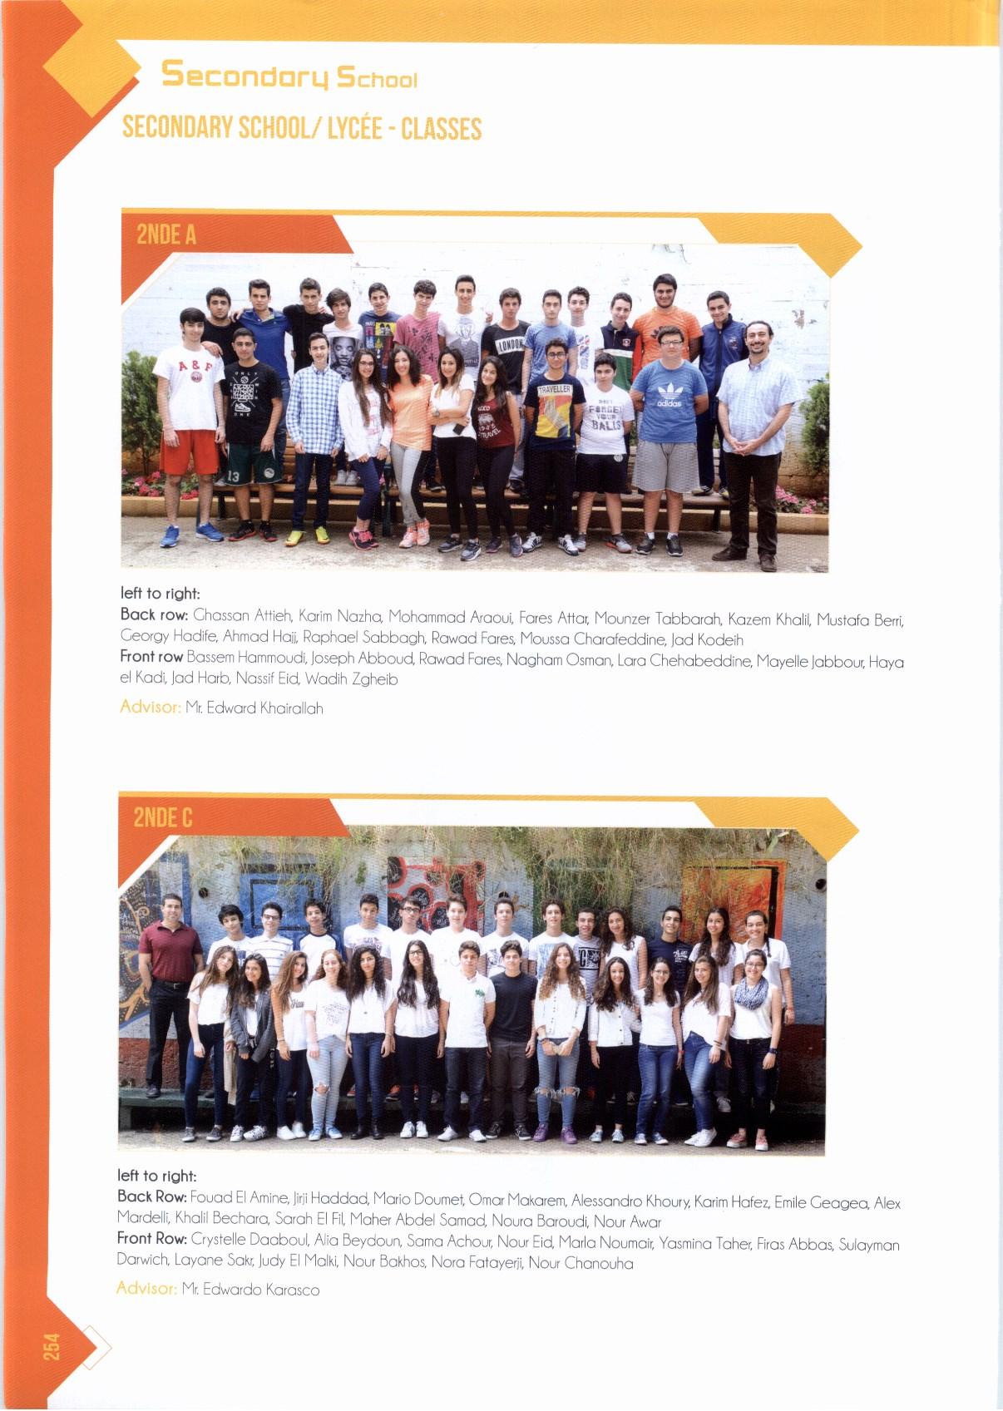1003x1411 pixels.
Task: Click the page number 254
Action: coord(52,1346)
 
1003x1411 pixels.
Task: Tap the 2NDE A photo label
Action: coord(166,234)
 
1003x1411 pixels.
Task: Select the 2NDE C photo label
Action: coord(163,818)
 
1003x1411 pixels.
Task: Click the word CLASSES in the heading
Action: coord(441,129)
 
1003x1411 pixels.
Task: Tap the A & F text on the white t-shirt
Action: coord(195,366)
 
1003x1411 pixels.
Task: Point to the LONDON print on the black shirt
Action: coord(510,343)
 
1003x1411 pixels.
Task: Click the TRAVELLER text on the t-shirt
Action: coord(554,389)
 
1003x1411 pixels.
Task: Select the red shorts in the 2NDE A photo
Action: coord(190,451)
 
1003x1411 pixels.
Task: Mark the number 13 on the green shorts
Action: coord(235,476)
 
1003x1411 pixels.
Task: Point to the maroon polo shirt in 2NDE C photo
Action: coord(170,952)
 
